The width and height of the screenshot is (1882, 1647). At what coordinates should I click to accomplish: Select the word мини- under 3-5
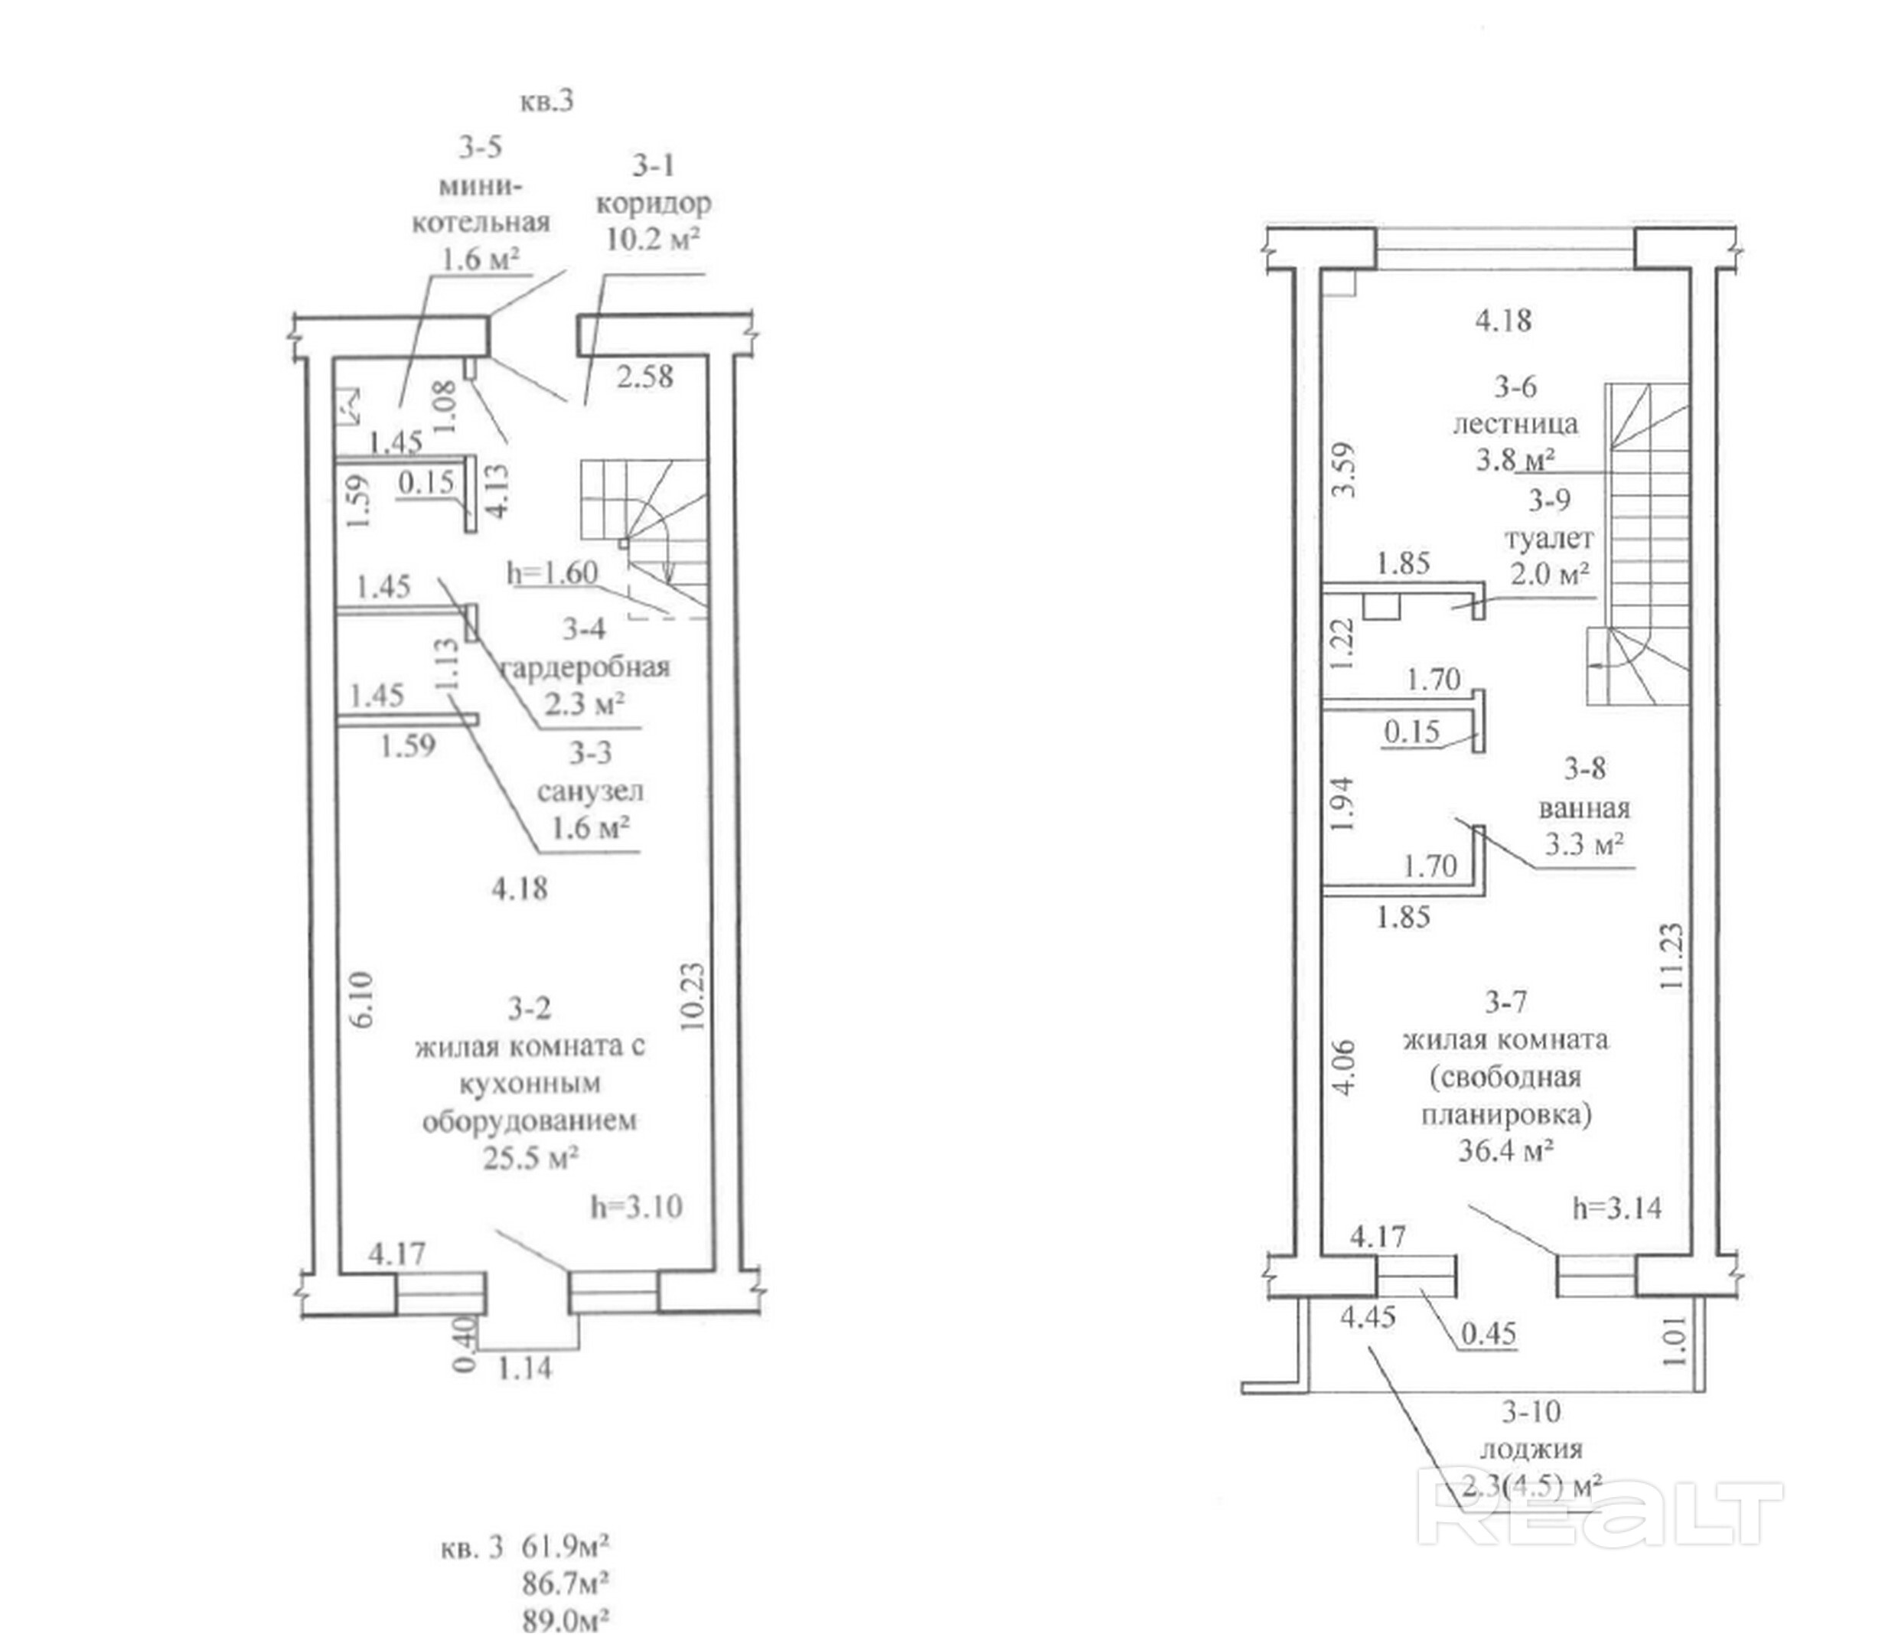pos(481,186)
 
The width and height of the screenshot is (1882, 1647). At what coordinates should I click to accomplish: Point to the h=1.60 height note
pos(553,573)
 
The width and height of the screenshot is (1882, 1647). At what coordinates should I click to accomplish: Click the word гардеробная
pos(585,667)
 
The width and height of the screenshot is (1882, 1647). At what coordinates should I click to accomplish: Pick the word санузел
pos(590,791)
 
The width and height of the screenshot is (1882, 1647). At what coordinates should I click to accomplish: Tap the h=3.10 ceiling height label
pos(637,1207)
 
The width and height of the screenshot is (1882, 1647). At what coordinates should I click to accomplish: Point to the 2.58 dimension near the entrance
pos(644,377)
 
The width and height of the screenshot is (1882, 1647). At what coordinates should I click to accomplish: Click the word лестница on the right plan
pos(1515,424)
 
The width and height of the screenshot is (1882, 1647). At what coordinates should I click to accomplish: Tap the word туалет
pos(1548,538)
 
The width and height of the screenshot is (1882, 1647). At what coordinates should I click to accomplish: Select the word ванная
pos(1584,809)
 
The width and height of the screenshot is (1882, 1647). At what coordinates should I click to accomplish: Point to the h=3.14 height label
pos(1617,1208)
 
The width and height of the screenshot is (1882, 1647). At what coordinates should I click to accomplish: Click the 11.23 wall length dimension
pos(1672,956)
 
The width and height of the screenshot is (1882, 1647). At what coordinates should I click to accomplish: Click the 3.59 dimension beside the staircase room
pos(1343,470)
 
